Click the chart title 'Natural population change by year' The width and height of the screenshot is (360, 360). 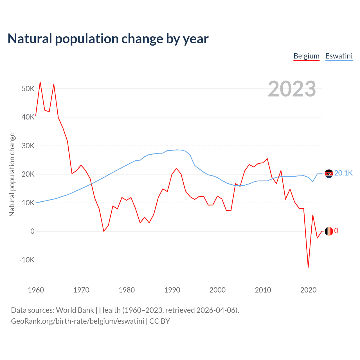pos(108,39)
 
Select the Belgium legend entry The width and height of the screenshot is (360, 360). pos(306,56)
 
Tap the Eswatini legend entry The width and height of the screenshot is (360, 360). pos(339,56)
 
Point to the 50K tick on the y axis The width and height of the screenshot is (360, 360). pos(28,89)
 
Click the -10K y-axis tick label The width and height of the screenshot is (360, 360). pos(27,260)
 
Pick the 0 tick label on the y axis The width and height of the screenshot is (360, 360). pos(32,231)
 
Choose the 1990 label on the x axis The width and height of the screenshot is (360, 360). pos(172,290)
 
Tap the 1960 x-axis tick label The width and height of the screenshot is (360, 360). pos(36,290)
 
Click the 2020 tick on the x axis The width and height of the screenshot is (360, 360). pos(308,290)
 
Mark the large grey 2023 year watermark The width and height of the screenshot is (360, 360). pos(292,89)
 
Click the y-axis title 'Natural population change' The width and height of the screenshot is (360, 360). pos(12,174)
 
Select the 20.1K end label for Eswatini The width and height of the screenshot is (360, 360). pos(343,173)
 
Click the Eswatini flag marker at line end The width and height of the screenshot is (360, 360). pos(329,174)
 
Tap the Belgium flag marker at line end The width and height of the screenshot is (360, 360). pos(329,231)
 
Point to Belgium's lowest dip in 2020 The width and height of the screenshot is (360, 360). pos(308,267)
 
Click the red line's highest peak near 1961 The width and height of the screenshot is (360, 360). pos(40,82)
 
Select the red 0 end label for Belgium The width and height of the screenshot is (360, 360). pos(336,231)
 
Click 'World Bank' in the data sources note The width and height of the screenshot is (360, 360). pos(75,310)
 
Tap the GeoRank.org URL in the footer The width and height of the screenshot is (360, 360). pos(77,321)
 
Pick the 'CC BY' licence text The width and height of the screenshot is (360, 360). pos(159,321)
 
